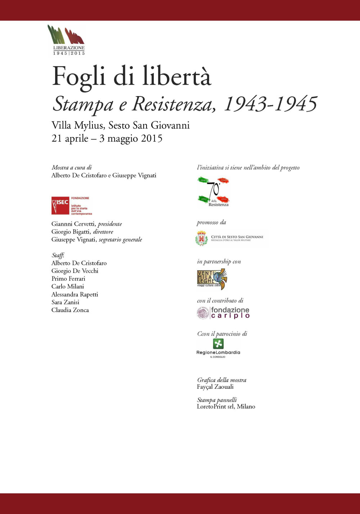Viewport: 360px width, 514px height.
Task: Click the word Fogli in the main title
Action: coord(78,77)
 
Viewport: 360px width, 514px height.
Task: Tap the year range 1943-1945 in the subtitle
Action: coord(270,104)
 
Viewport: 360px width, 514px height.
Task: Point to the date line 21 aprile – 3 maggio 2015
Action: coord(107,138)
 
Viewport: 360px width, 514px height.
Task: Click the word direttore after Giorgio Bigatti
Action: coord(103,232)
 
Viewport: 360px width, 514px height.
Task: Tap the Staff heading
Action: coord(58,255)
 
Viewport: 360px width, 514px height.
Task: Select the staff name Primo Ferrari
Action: coord(68,279)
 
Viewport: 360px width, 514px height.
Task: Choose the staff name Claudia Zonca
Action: coord(70,310)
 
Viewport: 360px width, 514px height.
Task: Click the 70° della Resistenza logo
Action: coord(213,191)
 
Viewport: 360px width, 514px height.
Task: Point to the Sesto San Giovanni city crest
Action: coord(202,238)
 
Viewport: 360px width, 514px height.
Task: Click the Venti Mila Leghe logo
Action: coord(212,279)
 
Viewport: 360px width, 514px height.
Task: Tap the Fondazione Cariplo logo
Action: coord(223,313)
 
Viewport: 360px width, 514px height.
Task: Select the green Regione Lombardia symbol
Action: coord(218,344)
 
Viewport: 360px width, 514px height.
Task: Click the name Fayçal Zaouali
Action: coord(215,387)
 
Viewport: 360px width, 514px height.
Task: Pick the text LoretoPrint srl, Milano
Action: coord(226,407)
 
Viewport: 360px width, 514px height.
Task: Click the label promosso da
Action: coord(211,222)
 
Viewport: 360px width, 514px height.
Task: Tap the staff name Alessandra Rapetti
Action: coord(75,294)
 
